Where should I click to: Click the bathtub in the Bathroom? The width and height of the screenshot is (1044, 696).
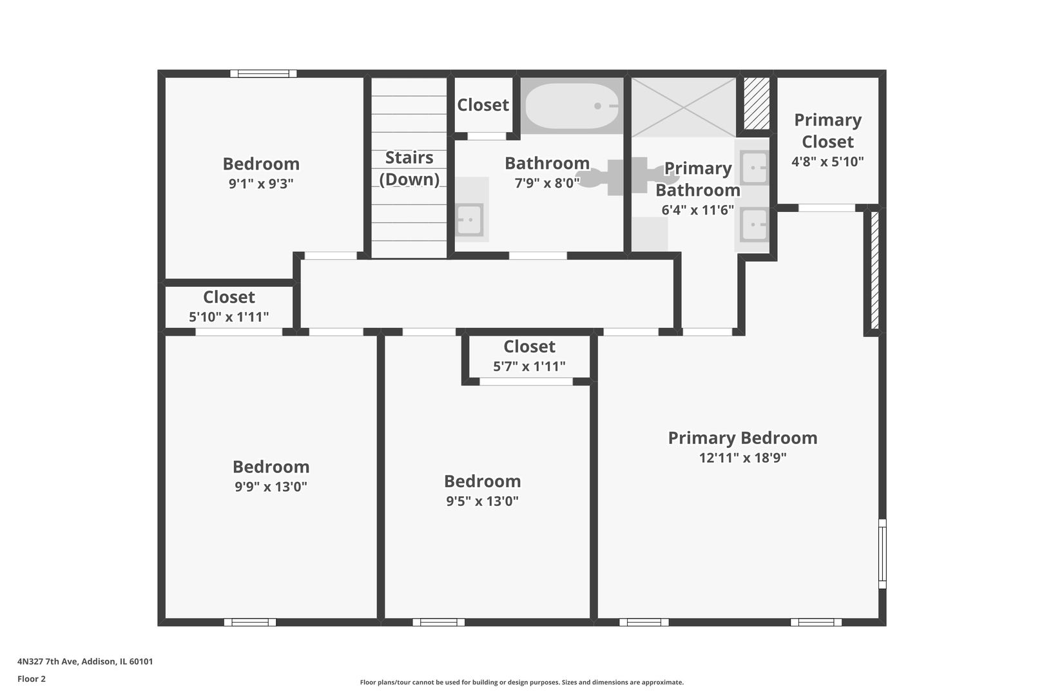tap(571, 106)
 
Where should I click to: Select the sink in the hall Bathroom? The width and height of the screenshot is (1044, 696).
tap(469, 219)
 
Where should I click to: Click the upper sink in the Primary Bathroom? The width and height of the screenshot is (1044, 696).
tap(753, 168)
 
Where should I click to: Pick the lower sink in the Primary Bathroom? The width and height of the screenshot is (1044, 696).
tap(753, 225)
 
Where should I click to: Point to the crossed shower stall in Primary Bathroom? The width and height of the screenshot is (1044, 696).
tap(683, 107)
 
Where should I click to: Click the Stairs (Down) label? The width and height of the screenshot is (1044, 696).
tap(409, 168)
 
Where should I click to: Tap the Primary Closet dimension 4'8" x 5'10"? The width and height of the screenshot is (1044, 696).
tap(827, 162)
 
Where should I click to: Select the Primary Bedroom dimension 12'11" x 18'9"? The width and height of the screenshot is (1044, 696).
tap(742, 458)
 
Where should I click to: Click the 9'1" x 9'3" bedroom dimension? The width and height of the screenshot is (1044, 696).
tap(261, 184)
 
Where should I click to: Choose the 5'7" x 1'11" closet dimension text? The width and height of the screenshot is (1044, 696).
tap(529, 367)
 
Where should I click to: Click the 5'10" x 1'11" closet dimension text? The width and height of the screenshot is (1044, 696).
tap(229, 317)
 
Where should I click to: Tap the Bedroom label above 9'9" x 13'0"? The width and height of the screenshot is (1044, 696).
tap(271, 467)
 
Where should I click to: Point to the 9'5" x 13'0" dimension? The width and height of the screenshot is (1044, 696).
tap(482, 501)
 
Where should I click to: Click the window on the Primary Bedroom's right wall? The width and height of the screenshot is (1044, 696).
tap(882, 554)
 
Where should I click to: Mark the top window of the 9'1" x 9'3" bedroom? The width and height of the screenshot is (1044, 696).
tap(264, 73)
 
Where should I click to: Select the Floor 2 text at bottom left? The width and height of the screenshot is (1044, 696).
tap(32, 679)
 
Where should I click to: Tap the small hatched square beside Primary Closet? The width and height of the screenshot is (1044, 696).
tap(757, 104)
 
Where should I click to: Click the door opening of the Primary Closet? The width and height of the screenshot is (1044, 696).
tap(827, 208)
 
